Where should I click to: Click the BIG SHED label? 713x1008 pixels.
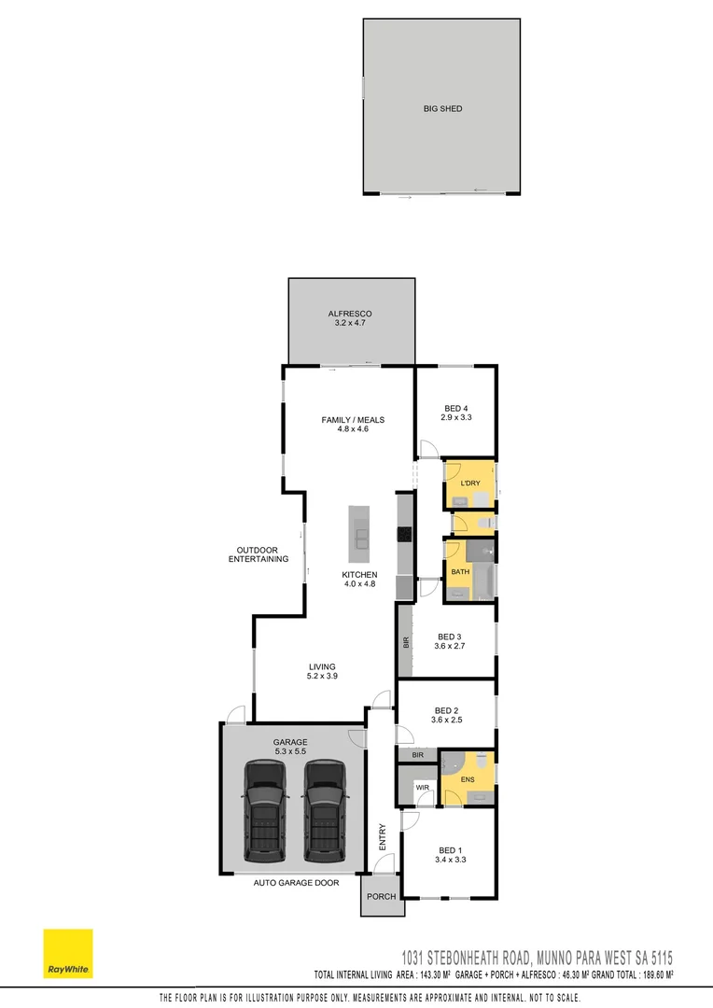pos(441,109)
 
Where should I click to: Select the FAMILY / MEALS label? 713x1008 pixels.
pos(353,420)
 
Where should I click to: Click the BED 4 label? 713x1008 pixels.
pos(456,409)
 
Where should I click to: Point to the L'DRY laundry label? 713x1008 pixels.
pos(468,483)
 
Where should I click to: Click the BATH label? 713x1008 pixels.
pos(460,572)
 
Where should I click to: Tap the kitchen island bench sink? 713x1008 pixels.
pos(359,536)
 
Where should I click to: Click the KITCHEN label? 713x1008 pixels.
pos(359,575)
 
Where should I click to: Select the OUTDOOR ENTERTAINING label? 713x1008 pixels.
pos(259,553)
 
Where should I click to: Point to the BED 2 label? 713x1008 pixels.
pos(447,713)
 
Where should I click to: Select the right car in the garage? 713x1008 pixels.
pos(325,810)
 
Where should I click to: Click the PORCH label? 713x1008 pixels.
pos(383,896)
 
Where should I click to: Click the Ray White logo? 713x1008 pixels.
pos(68,953)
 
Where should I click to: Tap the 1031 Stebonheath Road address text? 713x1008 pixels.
pos(538,958)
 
